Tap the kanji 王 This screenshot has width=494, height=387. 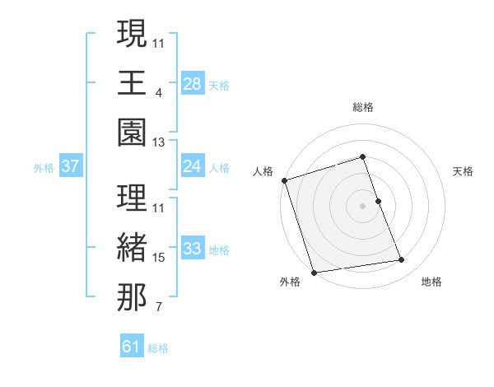pyautogui.click(x=132, y=83)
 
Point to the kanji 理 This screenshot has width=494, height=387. pyautogui.click(x=132, y=198)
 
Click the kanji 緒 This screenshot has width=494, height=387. pyautogui.click(x=132, y=248)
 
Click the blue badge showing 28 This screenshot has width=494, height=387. pyautogui.click(x=193, y=84)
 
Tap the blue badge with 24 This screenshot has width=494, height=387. pyautogui.click(x=193, y=166)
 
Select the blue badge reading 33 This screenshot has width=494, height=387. pyautogui.click(x=193, y=249)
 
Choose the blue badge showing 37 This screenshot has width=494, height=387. pyautogui.click(x=70, y=166)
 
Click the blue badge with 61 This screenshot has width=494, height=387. pyautogui.click(x=132, y=347)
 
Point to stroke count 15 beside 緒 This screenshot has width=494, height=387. pyautogui.click(x=159, y=258)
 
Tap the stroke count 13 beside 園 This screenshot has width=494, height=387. pyautogui.click(x=159, y=143)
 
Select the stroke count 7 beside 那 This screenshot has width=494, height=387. pyautogui.click(x=158, y=308)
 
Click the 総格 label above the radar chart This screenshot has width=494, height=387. pyautogui.click(x=363, y=107)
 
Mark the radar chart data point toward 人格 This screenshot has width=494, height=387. pyautogui.click(x=284, y=180)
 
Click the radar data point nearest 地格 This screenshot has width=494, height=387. pyautogui.click(x=402, y=260)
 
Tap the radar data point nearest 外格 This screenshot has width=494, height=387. pyautogui.click(x=314, y=273)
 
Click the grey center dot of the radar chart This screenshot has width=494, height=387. pyautogui.click(x=363, y=206)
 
